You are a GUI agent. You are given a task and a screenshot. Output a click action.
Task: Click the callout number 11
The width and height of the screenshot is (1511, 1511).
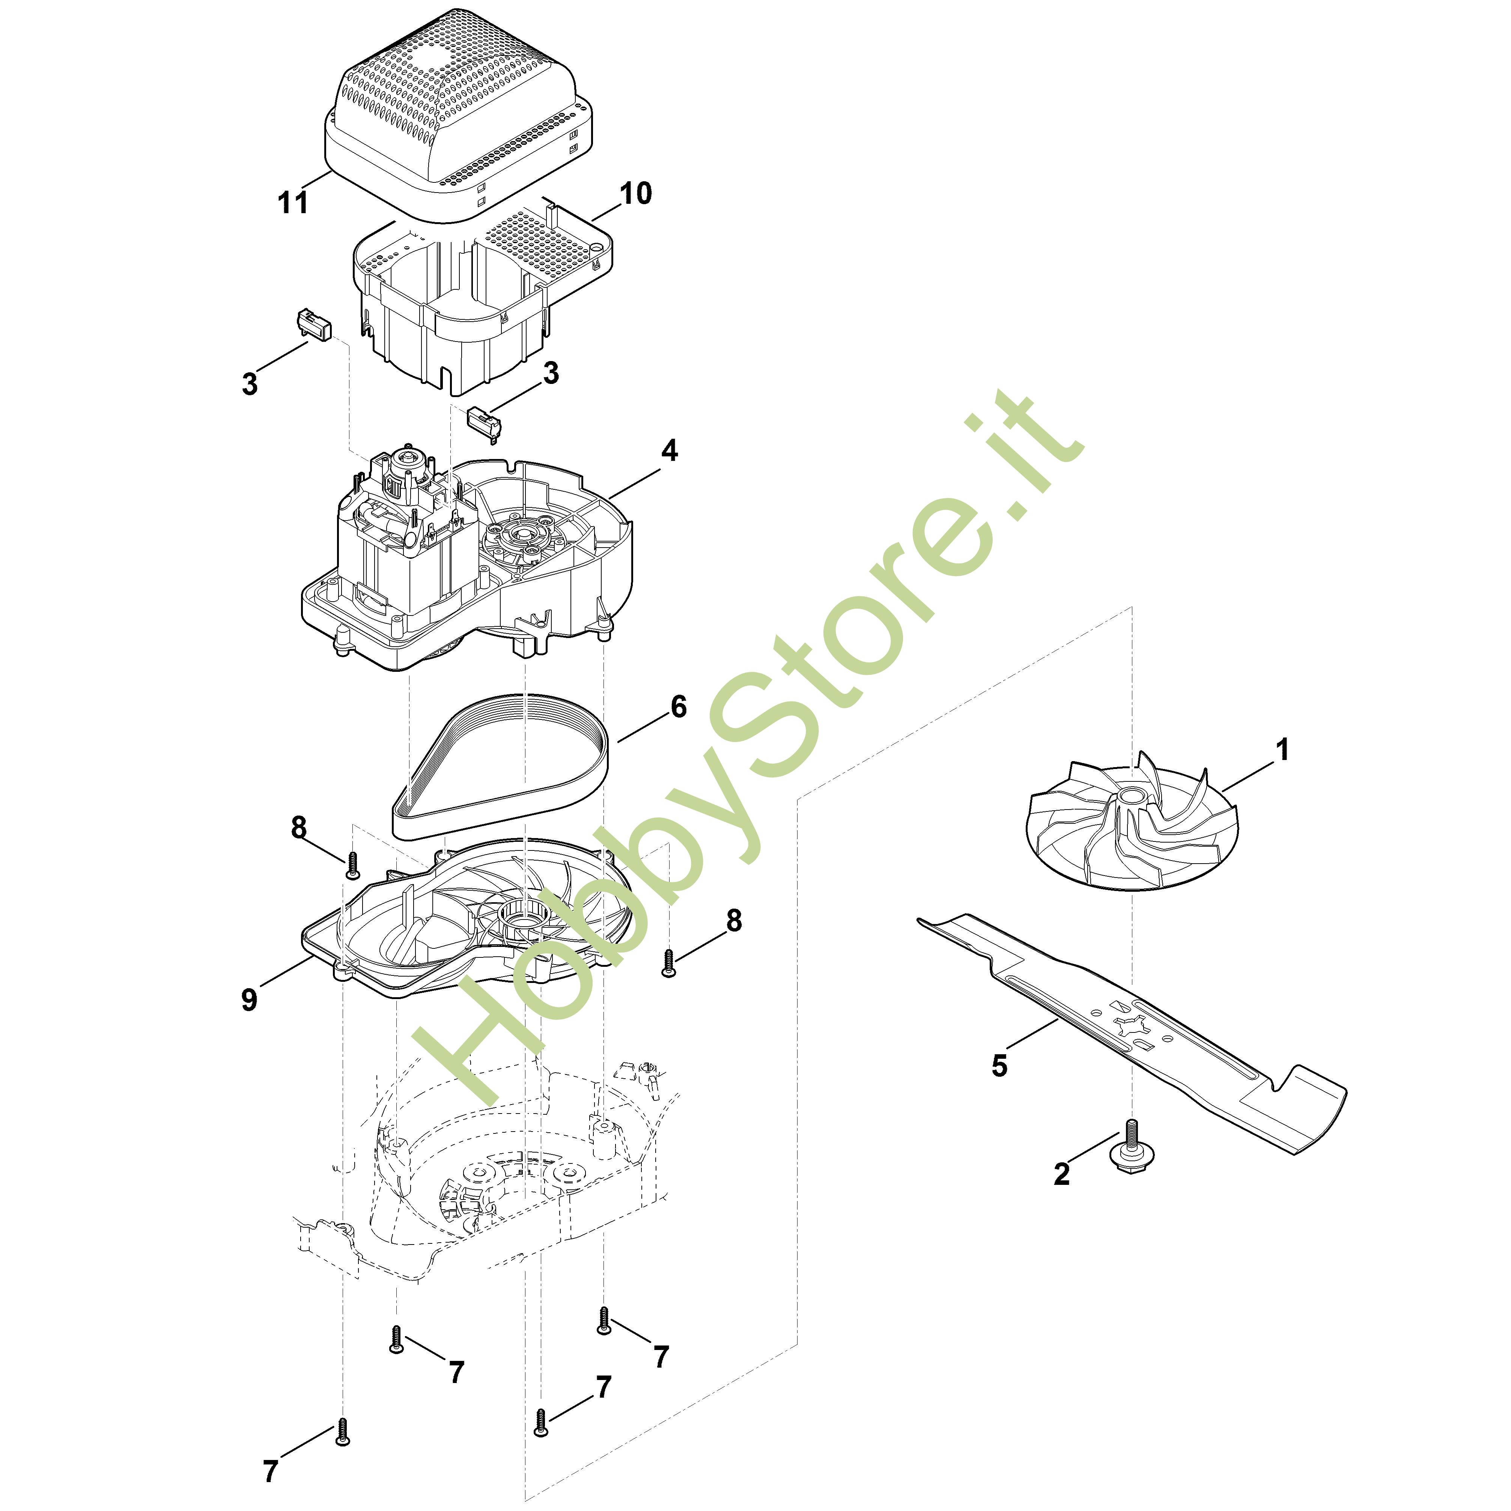click(293, 203)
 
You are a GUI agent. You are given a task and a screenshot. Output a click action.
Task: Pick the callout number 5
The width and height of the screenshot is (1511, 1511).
click(999, 1065)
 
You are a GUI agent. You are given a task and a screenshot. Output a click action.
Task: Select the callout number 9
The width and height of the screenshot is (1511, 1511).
click(249, 999)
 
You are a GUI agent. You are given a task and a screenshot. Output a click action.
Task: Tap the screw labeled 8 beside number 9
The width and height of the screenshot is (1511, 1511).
click(352, 864)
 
